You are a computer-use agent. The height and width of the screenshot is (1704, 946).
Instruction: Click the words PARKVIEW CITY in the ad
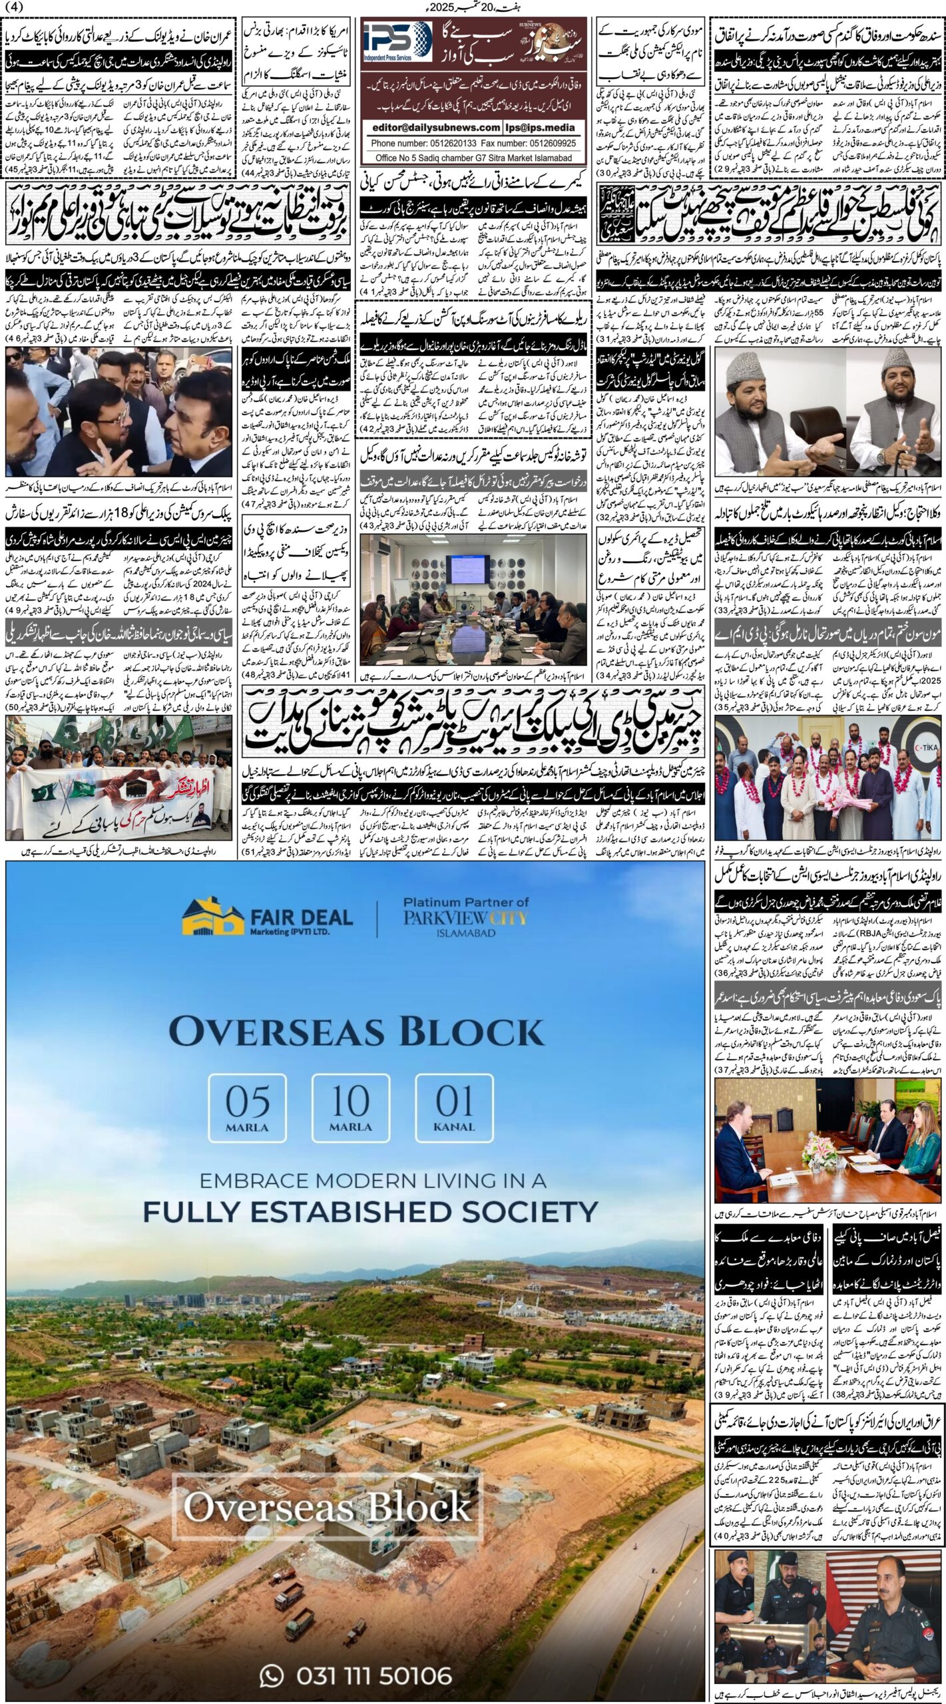pyautogui.click(x=465, y=918)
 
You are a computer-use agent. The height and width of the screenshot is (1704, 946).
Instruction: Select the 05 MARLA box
pyautogui.click(x=248, y=1106)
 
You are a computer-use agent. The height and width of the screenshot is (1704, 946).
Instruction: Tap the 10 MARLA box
pyautogui.click(x=351, y=1106)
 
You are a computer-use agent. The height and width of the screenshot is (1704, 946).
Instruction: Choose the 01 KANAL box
pyautogui.click(x=455, y=1106)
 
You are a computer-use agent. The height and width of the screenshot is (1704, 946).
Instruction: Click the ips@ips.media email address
pyautogui.click(x=544, y=128)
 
